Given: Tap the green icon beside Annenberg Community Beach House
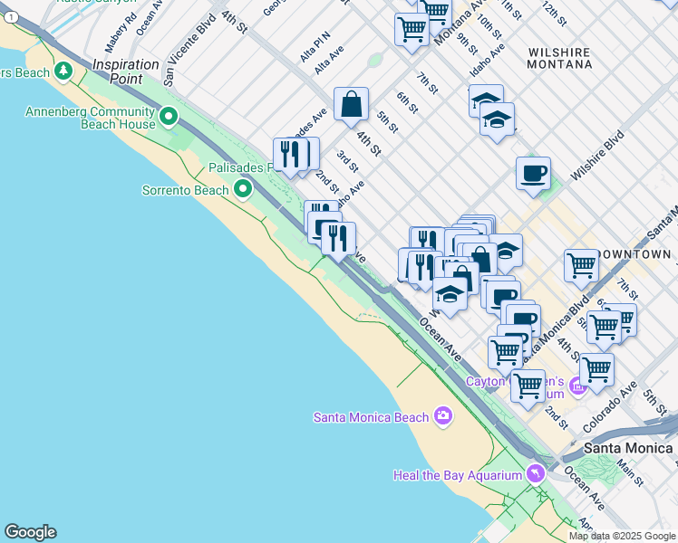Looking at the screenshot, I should (169, 116).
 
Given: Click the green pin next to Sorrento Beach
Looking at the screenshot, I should (242, 189).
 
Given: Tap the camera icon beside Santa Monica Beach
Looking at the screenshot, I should (442, 415).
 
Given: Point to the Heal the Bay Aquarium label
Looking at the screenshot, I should (458, 475).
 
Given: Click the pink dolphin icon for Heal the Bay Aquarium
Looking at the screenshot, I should (536, 474).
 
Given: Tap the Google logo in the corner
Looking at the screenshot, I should (30, 532).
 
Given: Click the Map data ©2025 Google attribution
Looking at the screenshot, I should (622, 536).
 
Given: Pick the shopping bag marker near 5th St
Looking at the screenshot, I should (351, 104).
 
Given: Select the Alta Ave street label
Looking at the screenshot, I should (329, 61).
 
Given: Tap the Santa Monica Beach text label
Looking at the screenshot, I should (370, 417).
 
